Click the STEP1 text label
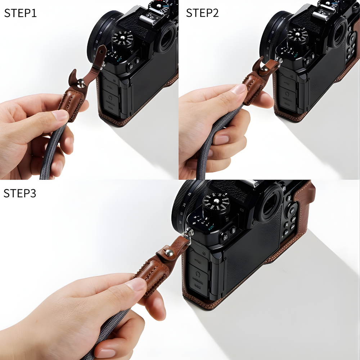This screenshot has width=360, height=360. (x=20, y=13)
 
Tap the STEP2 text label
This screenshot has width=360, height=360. (x=202, y=13)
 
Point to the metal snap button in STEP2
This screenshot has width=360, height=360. (x=267, y=67)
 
